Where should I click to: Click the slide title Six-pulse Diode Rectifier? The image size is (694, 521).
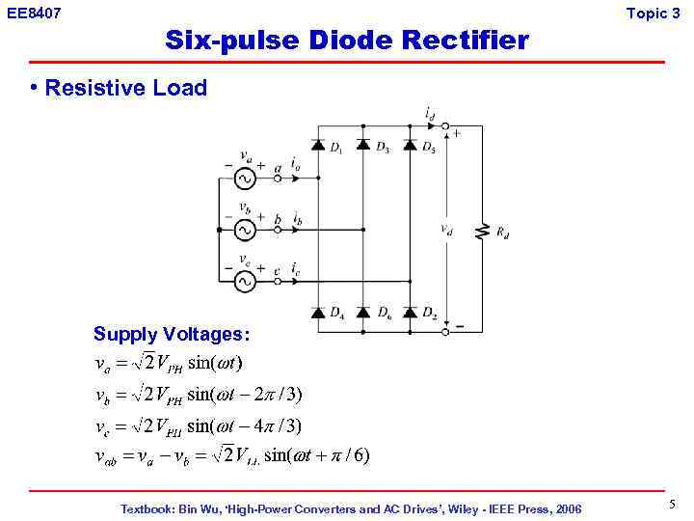347,41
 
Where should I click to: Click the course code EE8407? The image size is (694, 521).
34,13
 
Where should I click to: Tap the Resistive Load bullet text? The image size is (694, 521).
125,88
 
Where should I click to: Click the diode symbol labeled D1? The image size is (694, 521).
319,146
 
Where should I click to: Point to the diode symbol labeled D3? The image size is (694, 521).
363,146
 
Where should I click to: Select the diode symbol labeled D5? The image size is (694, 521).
410,146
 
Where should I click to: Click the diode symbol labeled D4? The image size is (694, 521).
319,312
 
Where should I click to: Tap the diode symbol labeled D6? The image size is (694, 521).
363,312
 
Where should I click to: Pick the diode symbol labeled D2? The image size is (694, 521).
410,312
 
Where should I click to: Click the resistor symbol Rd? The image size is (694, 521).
482,231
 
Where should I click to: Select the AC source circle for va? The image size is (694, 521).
244,178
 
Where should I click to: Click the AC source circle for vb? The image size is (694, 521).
244,230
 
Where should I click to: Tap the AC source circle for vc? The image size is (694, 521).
244,281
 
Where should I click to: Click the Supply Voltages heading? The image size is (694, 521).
172,335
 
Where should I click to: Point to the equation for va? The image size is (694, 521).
169,364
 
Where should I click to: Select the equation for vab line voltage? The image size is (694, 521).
232,455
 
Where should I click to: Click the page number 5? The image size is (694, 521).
672,504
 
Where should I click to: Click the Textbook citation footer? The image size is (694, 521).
351,508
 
